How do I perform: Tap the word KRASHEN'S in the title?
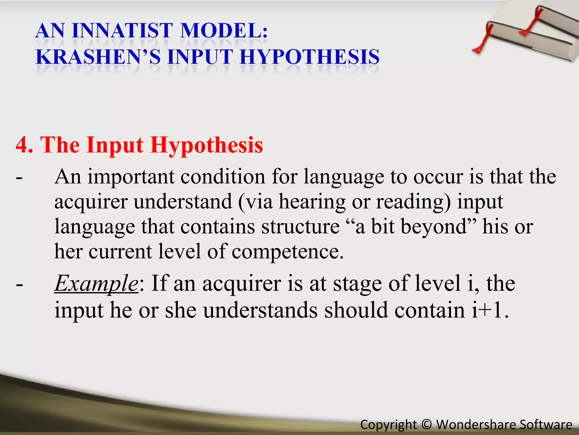(98, 57)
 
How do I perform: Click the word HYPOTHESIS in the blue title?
(309, 57)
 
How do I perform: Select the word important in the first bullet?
(131, 177)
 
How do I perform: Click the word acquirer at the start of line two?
(91, 202)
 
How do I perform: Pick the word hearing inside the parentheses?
(312, 202)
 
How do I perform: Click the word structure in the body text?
(300, 227)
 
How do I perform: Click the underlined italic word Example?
(96, 283)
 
